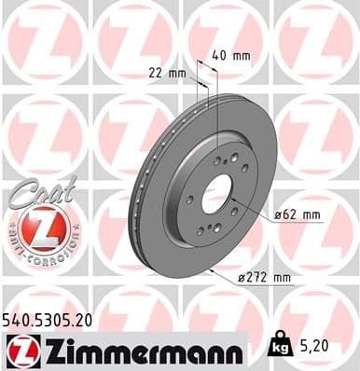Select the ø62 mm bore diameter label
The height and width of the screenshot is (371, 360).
coord(298,215)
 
